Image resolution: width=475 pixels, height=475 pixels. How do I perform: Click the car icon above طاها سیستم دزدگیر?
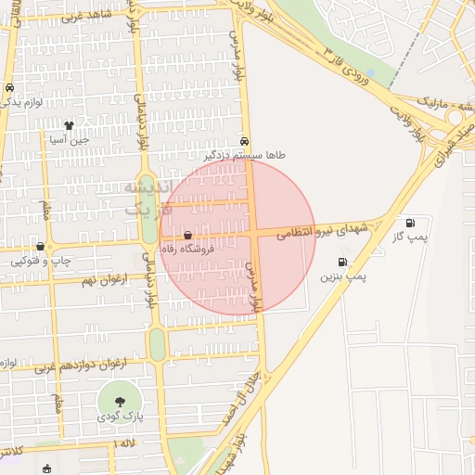pyautogui.click(x=244, y=142)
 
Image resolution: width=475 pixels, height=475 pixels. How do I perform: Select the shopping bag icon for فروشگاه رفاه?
pyautogui.click(x=188, y=236)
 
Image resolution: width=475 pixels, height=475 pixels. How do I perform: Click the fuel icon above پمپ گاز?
pyautogui.click(x=410, y=223)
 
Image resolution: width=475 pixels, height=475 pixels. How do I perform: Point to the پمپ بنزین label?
pyautogui.click(x=344, y=276)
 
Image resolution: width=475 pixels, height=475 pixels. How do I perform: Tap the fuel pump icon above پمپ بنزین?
pyautogui.click(x=343, y=263)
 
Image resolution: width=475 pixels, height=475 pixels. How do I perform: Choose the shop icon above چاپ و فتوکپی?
pyautogui.click(x=40, y=247)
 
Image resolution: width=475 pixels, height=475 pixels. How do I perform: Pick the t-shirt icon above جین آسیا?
pyautogui.click(x=69, y=124)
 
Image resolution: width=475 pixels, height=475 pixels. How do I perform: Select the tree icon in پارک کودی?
pyautogui.click(x=121, y=401)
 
